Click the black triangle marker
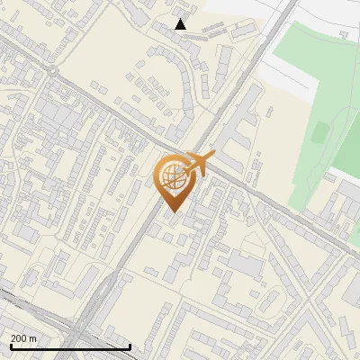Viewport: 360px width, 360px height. point(181,24)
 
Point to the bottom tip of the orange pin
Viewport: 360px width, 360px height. point(172,211)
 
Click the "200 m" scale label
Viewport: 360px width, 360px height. point(23,337)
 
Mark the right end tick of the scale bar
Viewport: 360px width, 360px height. point(130,346)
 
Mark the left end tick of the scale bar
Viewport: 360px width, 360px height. point(11,346)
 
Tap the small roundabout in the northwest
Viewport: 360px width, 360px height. point(53,70)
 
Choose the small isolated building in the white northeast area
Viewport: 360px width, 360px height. point(343,33)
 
